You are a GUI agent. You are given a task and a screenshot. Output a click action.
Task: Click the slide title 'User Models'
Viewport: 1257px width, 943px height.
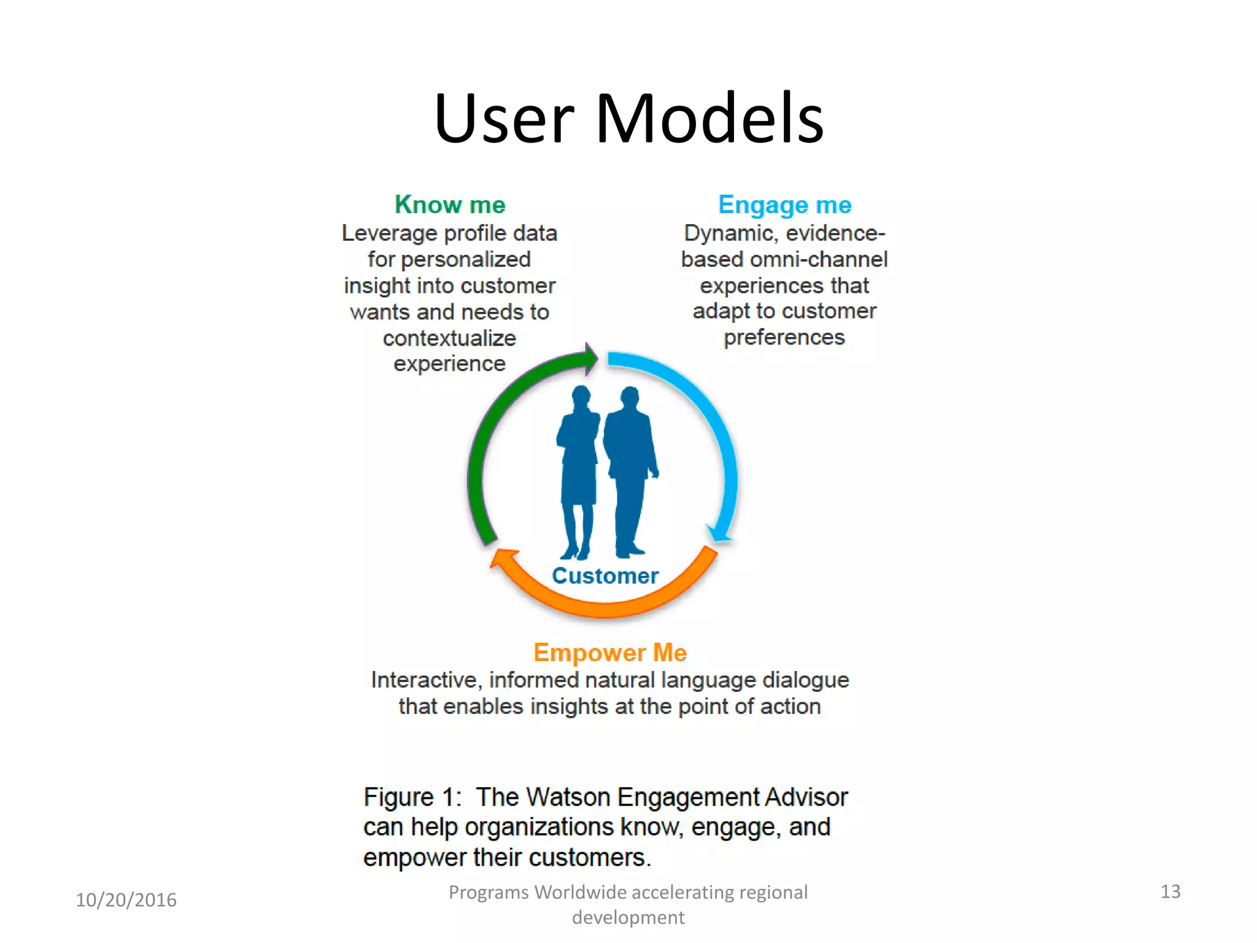coord(628,118)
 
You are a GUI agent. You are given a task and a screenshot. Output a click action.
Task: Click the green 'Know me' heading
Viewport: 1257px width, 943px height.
coord(450,204)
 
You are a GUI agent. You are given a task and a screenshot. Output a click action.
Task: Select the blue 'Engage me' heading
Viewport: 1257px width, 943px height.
coord(784,205)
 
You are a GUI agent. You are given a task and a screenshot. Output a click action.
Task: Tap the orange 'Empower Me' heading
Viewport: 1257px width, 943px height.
coord(609,652)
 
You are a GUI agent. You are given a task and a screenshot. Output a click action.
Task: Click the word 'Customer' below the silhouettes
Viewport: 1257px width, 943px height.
coord(605,576)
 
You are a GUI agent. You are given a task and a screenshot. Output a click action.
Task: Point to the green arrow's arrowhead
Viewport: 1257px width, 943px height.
coord(590,359)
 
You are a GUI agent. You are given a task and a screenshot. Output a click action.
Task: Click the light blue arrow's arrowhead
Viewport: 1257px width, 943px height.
coord(719,534)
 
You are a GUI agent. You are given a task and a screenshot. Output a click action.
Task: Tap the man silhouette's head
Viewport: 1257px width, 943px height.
coord(630,397)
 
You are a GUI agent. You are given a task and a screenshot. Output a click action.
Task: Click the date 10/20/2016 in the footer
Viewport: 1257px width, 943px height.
coord(126,900)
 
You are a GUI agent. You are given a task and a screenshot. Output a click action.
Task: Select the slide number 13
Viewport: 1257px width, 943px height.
coord(1170,891)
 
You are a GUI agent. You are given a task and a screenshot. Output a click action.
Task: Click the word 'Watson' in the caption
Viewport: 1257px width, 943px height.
coord(569,797)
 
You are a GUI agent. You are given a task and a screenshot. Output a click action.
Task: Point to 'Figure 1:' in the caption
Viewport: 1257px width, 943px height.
coord(412,797)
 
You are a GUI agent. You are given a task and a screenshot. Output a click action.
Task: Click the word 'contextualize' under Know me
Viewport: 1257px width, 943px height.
coord(449,338)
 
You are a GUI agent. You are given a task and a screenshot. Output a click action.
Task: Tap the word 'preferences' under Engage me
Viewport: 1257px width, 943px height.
coord(784,338)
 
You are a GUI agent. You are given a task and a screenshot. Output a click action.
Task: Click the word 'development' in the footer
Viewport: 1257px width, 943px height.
coord(628,917)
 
